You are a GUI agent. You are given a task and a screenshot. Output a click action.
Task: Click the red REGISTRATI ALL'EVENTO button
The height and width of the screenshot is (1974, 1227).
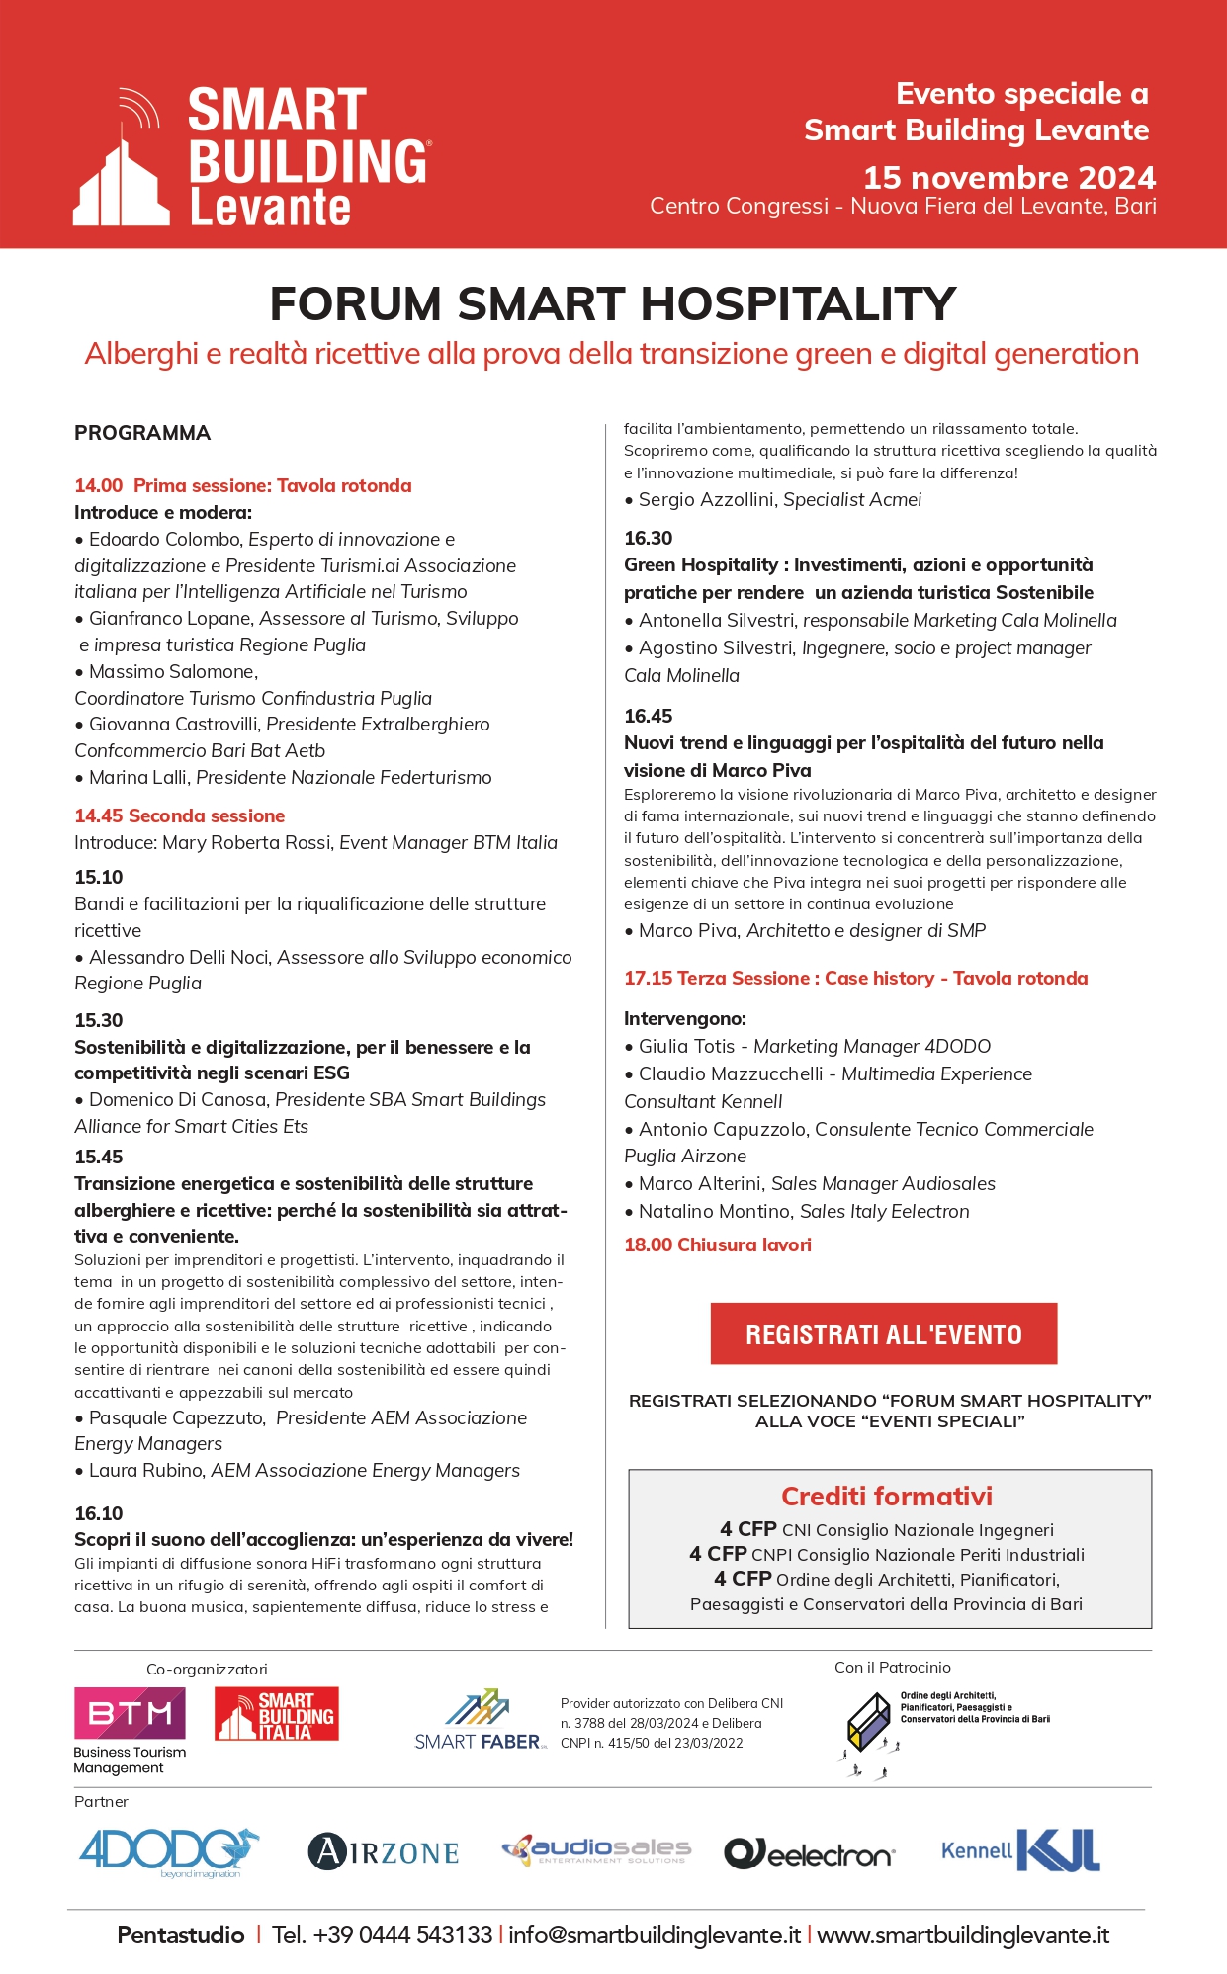(883, 1333)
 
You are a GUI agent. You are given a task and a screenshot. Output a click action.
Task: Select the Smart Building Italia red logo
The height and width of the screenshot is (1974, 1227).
(277, 1713)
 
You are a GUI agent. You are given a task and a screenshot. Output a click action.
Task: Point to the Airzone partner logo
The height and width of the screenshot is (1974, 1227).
(384, 1851)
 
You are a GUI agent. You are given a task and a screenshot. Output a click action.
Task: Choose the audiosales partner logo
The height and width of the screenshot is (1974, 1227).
(596, 1849)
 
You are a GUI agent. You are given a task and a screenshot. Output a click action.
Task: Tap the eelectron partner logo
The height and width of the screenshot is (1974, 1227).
(809, 1853)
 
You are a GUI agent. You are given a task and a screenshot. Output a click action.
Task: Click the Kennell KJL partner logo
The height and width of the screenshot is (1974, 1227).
(1020, 1849)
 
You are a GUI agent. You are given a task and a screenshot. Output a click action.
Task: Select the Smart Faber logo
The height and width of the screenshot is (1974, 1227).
(480, 1721)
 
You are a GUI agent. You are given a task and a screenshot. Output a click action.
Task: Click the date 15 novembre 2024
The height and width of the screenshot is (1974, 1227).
(1008, 177)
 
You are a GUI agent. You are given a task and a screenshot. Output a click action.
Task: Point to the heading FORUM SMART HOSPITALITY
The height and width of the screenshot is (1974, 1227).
(613, 303)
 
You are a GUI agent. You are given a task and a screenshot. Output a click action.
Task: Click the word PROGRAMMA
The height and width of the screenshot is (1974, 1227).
(142, 433)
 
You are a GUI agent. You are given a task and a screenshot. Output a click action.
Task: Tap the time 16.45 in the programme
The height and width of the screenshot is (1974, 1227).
(649, 716)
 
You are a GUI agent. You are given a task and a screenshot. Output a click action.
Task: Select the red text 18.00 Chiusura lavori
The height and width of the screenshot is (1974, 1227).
(718, 1244)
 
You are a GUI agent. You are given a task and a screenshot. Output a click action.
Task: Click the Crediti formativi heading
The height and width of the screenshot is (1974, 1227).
(887, 1496)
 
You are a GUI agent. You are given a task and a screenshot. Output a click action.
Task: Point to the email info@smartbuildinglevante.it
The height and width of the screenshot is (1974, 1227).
(655, 1934)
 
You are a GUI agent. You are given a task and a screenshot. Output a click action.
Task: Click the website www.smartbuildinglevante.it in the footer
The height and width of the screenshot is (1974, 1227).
(963, 1934)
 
